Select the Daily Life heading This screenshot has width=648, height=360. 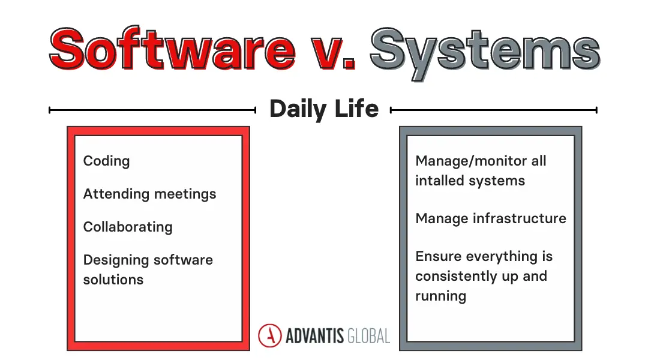click(x=324, y=109)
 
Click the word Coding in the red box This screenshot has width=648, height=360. click(x=107, y=161)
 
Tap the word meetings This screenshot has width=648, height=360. click(x=185, y=194)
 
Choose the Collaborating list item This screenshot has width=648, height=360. click(x=128, y=227)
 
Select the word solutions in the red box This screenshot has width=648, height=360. click(x=113, y=280)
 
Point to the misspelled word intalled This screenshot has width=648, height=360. click(x=440, y=181)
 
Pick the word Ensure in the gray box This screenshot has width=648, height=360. click(x=439, y=256)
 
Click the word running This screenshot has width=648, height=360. click(x=440, y=296)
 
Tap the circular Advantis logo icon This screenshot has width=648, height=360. click(x=270, y=335)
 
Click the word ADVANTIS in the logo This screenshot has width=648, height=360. click(x=314, y=336)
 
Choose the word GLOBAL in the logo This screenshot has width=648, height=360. click(x=368, y=336)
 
